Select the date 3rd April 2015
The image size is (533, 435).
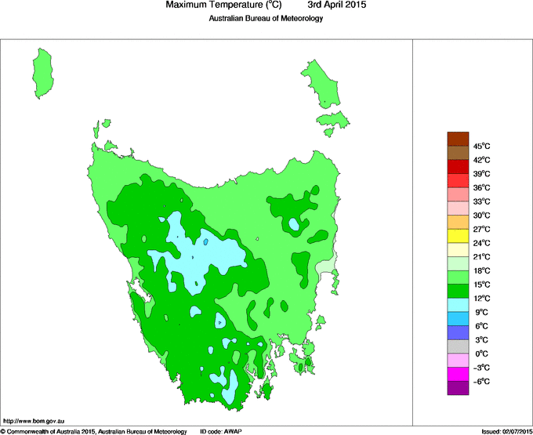tap(332, 5)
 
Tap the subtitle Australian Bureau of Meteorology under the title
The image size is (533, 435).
tap(266, 18)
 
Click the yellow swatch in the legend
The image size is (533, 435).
tap(459, 236)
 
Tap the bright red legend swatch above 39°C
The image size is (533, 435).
tap(459, 167)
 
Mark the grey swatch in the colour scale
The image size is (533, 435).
tap(459, 346)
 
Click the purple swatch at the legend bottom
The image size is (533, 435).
tap(459, 387)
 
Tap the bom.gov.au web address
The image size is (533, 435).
tap(34, 422)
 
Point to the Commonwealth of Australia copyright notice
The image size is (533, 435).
tap(93, 431)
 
